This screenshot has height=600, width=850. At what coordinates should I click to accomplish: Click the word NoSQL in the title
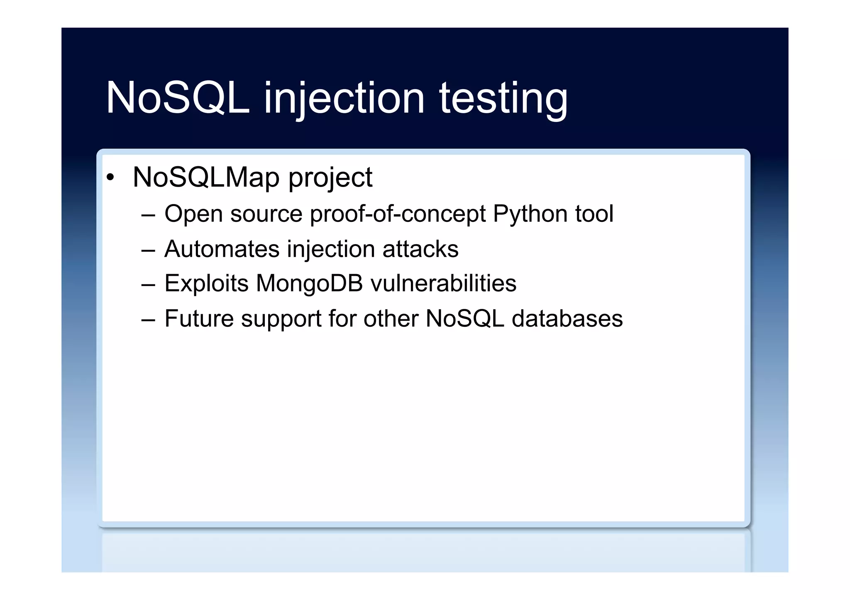pyautogui.click(x=178, y=98)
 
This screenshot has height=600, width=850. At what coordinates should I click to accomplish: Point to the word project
pyautogui.click(x=330, y=178)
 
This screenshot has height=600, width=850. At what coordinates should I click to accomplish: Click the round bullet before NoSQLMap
pyautogui.click(x=110, y=178)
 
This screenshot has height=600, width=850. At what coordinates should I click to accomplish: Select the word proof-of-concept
pyautogui.click(x=398, y=214)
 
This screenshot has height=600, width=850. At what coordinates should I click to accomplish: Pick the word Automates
pyautogui.click(x=222, y=249)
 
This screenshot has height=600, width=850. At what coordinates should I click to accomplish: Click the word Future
pyautogui.click(x=199, y=318)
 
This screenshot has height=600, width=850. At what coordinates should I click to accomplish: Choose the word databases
pyautogui.click(x=567, y=318)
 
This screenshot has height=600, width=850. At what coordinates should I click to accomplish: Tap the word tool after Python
pyautogui.click(x=594, y=214)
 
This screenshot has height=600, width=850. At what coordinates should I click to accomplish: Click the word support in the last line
pyautogui.click(x=281, y=319)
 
